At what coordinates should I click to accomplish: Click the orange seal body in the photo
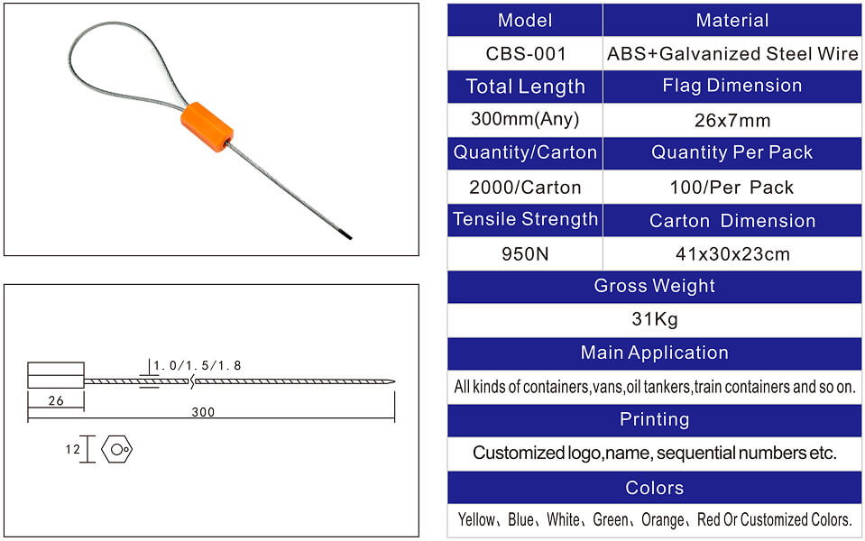(207, 127)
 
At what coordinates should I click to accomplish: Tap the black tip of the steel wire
(346, 235)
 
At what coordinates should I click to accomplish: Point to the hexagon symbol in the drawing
(117, 449)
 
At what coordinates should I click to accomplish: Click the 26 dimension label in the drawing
(56, 401)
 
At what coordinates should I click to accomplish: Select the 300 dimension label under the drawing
(203, 412)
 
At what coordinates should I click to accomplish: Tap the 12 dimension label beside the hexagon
(72, 449)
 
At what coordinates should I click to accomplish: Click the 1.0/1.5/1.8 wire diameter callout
(197, 365)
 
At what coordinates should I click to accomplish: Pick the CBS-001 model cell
(525, 53)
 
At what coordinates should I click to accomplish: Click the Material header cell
(732, 21)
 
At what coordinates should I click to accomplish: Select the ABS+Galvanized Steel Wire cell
(732, 53)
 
